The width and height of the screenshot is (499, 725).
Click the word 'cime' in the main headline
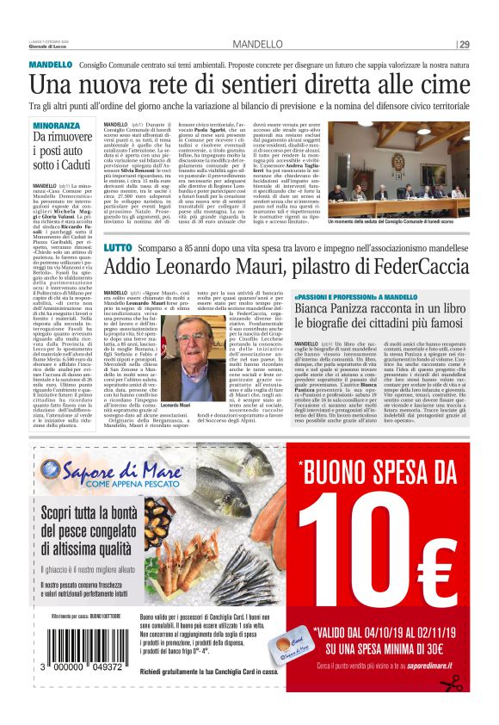tap(440, 84)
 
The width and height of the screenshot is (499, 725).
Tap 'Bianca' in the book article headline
tap(340, 307)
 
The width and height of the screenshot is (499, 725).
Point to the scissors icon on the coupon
tap(451, 683)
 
